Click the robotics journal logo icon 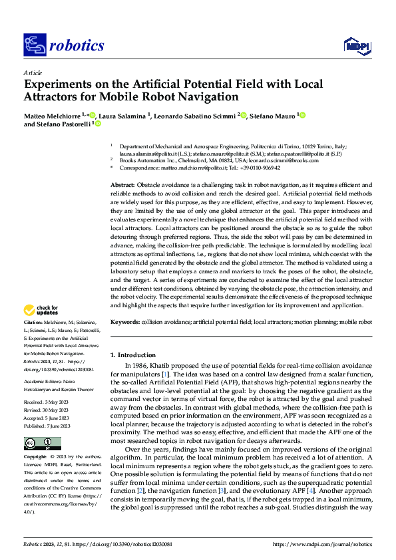[x=34, y=45]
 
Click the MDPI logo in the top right [x=356, y=45]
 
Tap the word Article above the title [x=32, y=72]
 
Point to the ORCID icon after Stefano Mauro [x=302, y=116]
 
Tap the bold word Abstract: [x=122, y=184]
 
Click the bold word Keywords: [x=124, y=321]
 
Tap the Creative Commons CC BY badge [x=42, y=425]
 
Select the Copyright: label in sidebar [x=36, y=440]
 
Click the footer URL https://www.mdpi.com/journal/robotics [x=322, y=544]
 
